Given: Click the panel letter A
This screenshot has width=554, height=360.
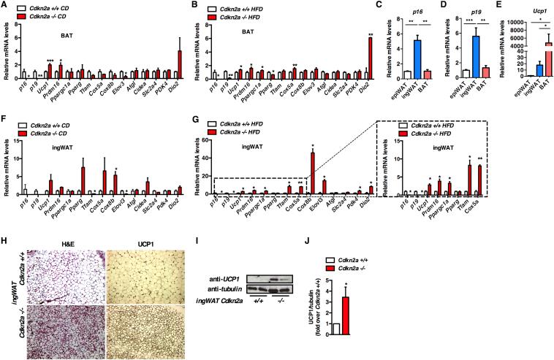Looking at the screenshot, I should [x=5, y=6].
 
